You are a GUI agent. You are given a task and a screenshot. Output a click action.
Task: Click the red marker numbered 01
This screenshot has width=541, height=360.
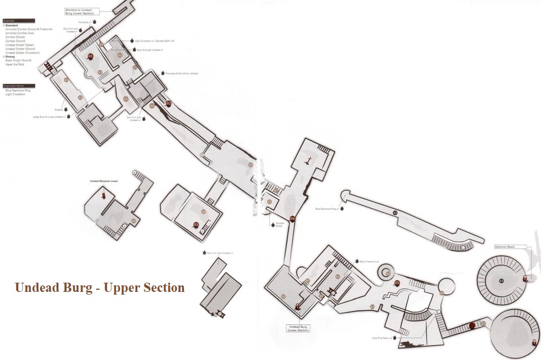point(90,56)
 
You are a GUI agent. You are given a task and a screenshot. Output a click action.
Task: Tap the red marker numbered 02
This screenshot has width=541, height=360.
point(168,103)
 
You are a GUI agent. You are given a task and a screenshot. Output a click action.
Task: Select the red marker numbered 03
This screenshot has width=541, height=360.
point(196,225)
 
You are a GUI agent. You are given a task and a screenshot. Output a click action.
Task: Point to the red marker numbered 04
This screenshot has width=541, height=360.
point(293,218)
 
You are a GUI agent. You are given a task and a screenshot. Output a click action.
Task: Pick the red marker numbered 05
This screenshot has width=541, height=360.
point(397,283)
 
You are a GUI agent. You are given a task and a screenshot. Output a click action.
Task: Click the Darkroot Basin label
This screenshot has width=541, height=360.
point(504,246)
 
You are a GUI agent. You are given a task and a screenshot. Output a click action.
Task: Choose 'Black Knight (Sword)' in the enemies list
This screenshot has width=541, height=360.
point(18,61)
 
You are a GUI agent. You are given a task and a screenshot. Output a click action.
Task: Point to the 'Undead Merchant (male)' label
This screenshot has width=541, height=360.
point(103,181)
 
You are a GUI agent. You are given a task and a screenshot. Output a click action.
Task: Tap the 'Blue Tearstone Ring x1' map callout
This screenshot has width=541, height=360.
point(327,209)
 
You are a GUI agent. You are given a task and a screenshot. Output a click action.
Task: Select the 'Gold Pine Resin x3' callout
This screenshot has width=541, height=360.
point(382,337)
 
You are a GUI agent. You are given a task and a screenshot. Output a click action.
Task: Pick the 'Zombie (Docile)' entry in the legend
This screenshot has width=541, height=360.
point(17,37)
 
